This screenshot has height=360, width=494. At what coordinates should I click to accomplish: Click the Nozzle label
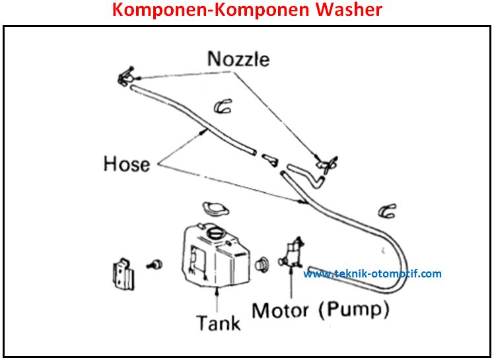pyautogui.click(x=238, y=58)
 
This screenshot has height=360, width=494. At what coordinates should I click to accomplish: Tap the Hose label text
pyautogui.click(x=127, y=162)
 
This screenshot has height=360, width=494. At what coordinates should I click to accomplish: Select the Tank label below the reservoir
pyautogui.click(x=218, y=322)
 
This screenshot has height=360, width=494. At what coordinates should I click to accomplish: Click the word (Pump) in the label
pyautogui.click(x=357, y=309)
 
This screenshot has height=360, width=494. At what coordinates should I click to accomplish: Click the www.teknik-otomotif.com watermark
pyautogui.click(x=372, y=273)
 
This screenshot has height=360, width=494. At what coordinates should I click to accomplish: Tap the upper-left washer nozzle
pyautogui.click(x=125, y=78)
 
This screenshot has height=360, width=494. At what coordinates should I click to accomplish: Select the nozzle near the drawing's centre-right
pyautogui.click(x=326, y=162)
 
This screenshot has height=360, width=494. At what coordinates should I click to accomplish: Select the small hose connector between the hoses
pyautogui.click(x=269, y=159)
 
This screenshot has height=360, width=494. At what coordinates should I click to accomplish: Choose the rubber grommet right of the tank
pyautogui.click(x=262, y=262)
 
